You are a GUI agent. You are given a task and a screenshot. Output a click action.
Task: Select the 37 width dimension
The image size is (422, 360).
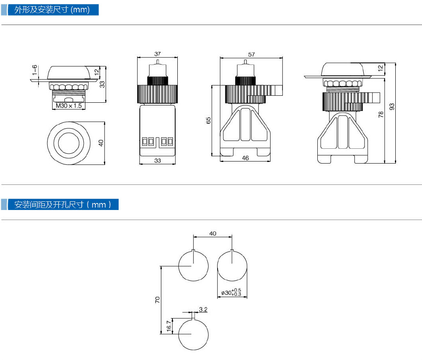157,54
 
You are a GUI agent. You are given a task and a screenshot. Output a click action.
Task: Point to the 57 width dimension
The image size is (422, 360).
252,54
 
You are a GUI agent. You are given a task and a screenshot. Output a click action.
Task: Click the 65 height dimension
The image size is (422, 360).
208,120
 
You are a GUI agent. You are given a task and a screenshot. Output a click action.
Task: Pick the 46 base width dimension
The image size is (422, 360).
245,158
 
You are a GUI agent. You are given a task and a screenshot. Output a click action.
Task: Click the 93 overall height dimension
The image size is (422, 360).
392,107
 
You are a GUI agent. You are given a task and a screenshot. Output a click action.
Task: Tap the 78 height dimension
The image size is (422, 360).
381,115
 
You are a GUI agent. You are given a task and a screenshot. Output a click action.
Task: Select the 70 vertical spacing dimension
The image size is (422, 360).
157,300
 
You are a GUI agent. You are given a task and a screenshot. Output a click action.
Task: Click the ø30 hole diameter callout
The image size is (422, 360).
231,292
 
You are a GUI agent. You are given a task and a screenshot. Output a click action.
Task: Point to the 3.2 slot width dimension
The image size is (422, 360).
203,309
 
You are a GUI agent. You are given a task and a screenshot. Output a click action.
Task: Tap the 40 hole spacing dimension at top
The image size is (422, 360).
213,233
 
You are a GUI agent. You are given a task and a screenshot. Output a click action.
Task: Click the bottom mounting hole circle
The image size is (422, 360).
193,335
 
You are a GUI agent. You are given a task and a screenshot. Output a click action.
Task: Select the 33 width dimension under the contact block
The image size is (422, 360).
158,161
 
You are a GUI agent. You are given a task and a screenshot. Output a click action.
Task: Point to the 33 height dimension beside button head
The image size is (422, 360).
102,84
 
